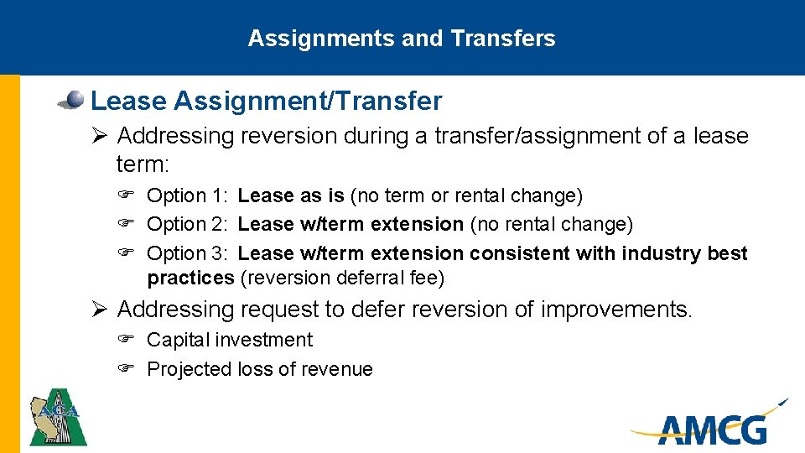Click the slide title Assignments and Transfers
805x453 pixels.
[402, 39]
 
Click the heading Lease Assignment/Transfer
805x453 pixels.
[266, 102]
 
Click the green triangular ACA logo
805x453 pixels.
[58, 416]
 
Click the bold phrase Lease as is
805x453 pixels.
[291, 196]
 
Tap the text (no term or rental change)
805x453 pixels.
[466, 196]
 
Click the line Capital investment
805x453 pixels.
[229, 341]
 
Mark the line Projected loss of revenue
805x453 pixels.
[259, 369]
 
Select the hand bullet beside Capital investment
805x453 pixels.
[126, 341]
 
